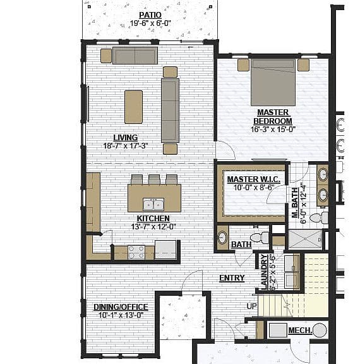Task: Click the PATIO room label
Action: click(150, 15)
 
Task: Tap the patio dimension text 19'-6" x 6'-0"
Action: click(150, 23)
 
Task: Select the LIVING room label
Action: click(126, 138)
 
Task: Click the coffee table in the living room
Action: click(134, 107)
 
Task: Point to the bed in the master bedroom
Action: click(273, 82)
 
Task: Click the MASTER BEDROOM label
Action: click(273, 117)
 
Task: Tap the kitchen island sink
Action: click(153, 205)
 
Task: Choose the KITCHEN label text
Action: click(153, 219)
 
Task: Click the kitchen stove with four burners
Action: click(136, 252)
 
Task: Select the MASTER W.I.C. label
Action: click(253, 179)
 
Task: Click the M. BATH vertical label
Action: click(295, 203)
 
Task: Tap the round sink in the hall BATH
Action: click(222, 238)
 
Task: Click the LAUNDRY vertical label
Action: click(265, 272)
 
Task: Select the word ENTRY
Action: click(232, 278)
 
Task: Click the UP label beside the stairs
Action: click(251, 306)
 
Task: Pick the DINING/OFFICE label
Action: click(121, 307)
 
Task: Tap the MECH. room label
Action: click(300, 331)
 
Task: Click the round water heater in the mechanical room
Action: click(320, 330)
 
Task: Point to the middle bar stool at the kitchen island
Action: click(154, 179)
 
